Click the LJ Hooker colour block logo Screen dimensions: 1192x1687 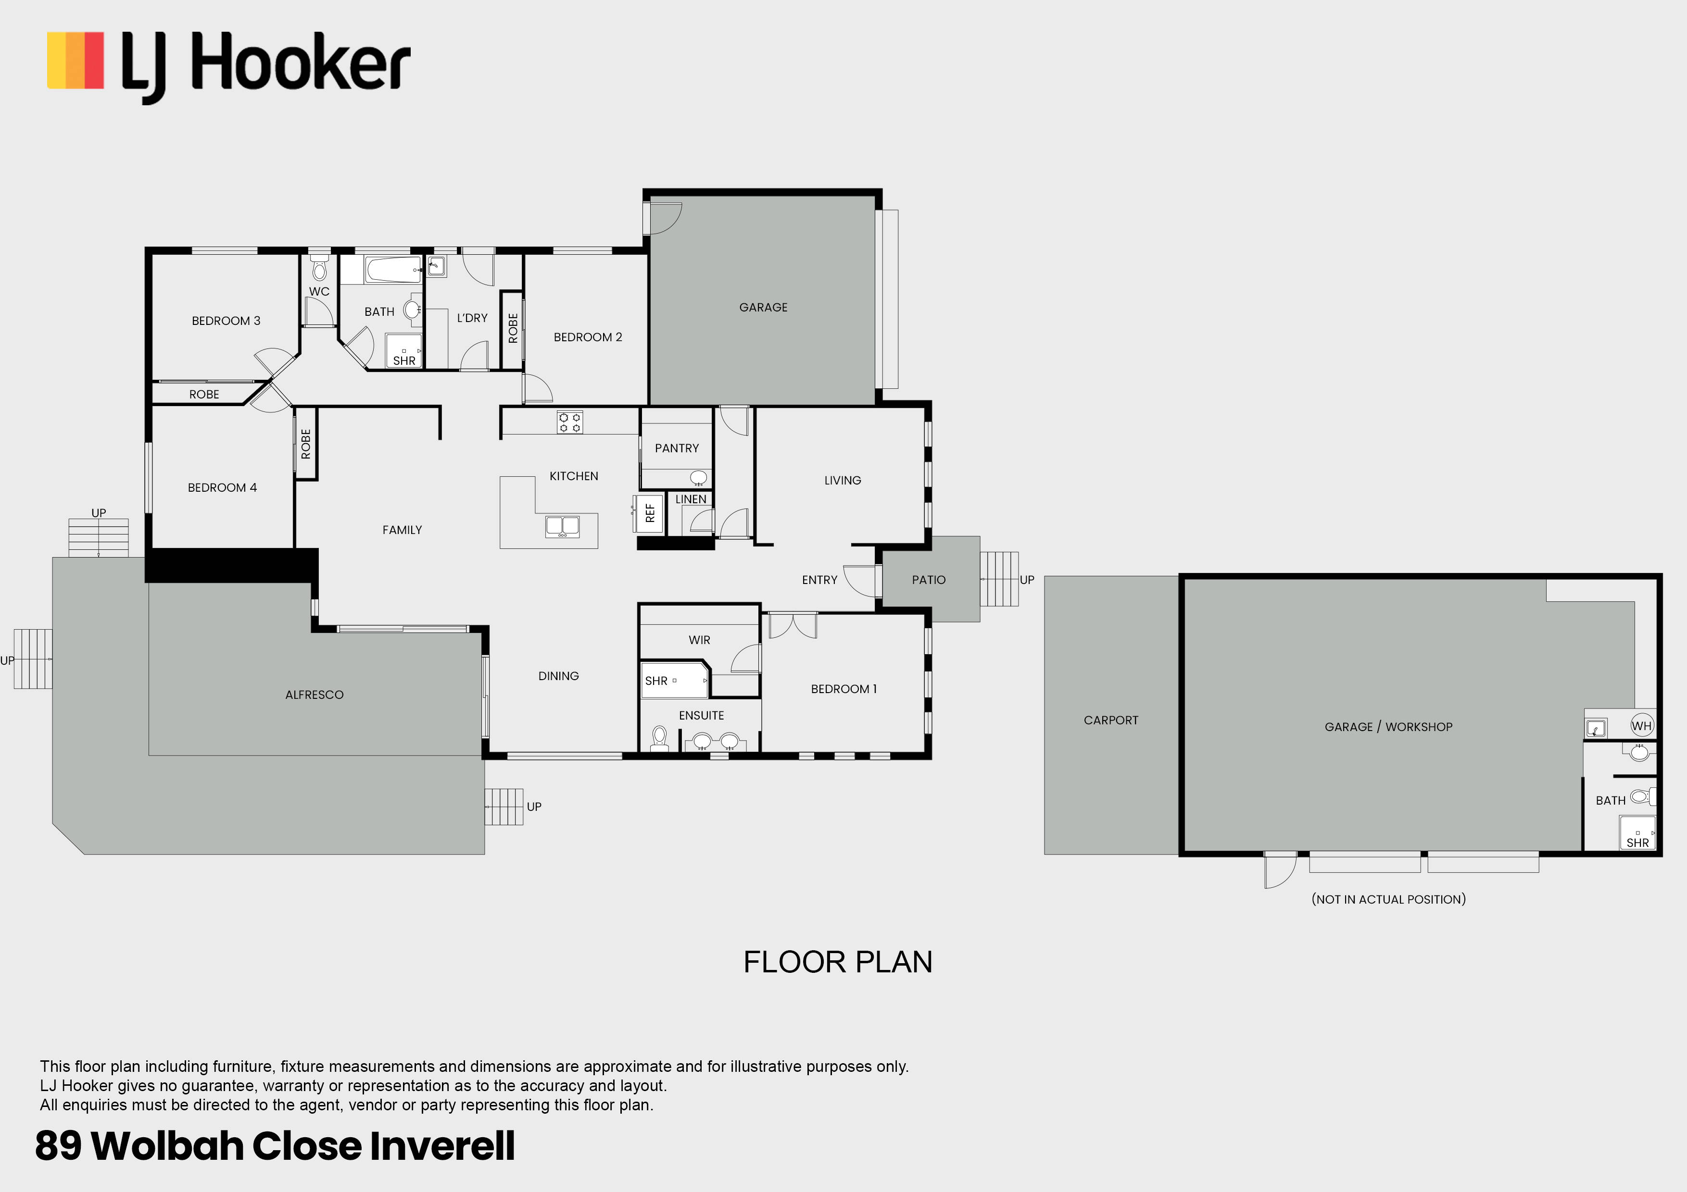click(75, 60)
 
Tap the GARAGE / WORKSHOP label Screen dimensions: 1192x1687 click(1388, 726)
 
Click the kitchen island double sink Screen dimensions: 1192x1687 click(562, 526)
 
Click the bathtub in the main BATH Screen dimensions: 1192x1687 click(392, 270)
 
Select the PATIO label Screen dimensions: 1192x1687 click(928, 580)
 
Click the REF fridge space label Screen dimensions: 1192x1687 click(650, 513)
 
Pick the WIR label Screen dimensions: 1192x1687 click(699, 640)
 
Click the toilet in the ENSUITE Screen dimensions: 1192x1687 click(659, 737)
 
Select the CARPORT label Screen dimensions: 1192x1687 click(1110, 720)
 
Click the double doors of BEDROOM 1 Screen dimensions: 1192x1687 click(792, 625)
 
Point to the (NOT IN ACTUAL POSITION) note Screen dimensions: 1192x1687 click(1388, 899)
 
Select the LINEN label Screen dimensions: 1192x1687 click(690, 499)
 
